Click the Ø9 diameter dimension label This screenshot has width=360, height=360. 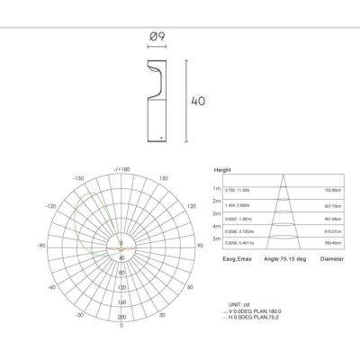[x=155, y=38]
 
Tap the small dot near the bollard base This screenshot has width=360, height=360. [x=160, y=137]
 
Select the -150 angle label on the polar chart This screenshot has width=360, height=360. [x=78, y=178]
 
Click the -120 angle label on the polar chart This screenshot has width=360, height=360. [x=49, y=206]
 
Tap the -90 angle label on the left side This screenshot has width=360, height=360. [x=40, y=245]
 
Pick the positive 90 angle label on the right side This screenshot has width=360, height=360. [x=200, y=245]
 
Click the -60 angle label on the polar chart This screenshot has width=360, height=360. [x=50, y=288]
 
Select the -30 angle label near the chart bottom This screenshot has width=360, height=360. [x=80, y=316]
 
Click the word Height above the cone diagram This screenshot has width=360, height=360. [x=223, y=169]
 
